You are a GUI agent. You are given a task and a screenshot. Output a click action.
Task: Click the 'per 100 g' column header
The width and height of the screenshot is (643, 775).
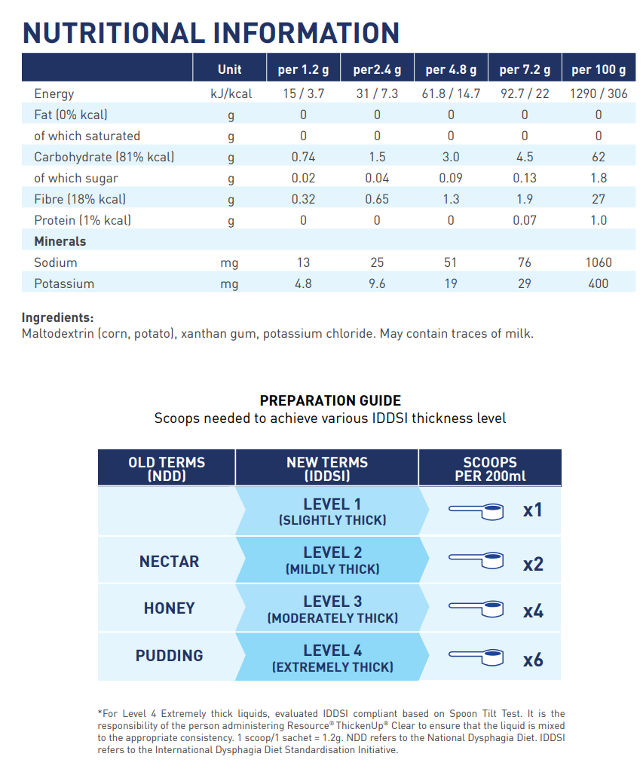tap(599, 69)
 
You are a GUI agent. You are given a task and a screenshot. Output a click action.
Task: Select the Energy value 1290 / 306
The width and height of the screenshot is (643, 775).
tap(599, 93)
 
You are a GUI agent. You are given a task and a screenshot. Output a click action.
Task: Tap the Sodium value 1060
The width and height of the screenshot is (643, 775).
tap(599, 262)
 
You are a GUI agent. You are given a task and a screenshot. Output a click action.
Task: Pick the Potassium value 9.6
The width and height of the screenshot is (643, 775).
tap(377, 283)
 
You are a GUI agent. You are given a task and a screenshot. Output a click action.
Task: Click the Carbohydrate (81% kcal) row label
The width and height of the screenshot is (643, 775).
tap(104, 157)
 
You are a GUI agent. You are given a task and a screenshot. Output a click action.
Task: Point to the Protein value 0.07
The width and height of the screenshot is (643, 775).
tap(525, 220)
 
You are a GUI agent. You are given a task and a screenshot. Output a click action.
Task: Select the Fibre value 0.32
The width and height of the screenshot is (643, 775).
tap(303, 199)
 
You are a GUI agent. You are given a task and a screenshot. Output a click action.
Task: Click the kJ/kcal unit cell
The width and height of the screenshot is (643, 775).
tap(231, 94)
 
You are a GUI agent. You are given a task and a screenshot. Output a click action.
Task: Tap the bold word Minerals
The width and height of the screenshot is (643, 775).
tap(60, 241)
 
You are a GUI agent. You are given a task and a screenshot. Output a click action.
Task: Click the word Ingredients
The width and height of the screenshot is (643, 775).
tap(57, 318)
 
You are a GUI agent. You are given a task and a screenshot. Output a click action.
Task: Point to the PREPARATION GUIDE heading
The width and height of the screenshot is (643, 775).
tap(330, 400)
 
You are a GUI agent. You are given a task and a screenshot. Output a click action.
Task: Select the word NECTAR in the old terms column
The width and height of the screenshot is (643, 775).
tap(169, 562)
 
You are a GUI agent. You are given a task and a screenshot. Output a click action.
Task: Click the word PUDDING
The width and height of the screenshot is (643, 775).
tap(169, 656)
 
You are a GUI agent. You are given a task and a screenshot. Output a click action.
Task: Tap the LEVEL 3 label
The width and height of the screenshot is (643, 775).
tap(332, 602)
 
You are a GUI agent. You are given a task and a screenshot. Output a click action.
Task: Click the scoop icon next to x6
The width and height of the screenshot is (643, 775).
tap(476, 657)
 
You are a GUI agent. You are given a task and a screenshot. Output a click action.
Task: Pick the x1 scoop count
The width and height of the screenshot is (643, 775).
tap(533, 510)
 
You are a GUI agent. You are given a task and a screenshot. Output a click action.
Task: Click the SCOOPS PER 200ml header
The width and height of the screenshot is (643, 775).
tap(490, 469)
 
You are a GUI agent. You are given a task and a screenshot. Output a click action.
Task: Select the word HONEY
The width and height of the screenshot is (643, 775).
tap(169, 608)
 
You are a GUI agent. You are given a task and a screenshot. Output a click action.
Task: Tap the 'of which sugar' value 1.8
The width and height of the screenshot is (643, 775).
tap(599, 178)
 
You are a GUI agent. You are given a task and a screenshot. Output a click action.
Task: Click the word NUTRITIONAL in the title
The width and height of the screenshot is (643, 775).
tap(114, 33)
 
